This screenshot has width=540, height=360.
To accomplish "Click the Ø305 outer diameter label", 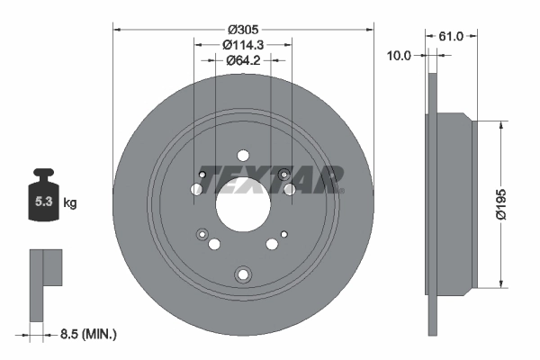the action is (x=243, y=30).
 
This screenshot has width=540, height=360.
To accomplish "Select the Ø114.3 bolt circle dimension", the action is (x=243, y=45).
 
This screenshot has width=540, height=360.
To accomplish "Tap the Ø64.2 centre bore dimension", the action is (x=243, y=60).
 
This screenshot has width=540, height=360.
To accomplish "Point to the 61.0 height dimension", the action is (x=451, y=36).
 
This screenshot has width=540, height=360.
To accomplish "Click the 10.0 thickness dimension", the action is (x=399, y=55).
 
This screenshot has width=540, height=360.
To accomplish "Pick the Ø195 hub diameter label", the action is (x=501, y=204).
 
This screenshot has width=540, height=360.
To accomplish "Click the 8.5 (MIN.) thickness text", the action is (x=88, y=334).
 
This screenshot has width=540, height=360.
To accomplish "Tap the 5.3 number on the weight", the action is (x=43, y=202).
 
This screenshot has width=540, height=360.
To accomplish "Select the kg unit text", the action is (x=70, y=202).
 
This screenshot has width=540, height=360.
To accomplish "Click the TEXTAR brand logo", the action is (x=272, y=179).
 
